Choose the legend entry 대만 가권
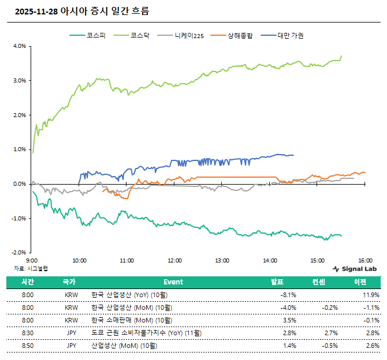(x=291, y=36)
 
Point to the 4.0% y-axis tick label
(x=19, y=46)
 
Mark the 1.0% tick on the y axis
(x=19, y=149)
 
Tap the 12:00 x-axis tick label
(x=174, y=260)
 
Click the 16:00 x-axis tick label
(x=364, y=260)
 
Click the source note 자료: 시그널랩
(x=31, y=268)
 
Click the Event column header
(x=173, y=282)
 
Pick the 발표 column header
(x=277, y=282)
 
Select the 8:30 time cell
(x=28, y=333)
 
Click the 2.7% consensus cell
(x=331, y=333)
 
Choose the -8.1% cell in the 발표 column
(x=288, y=294)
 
